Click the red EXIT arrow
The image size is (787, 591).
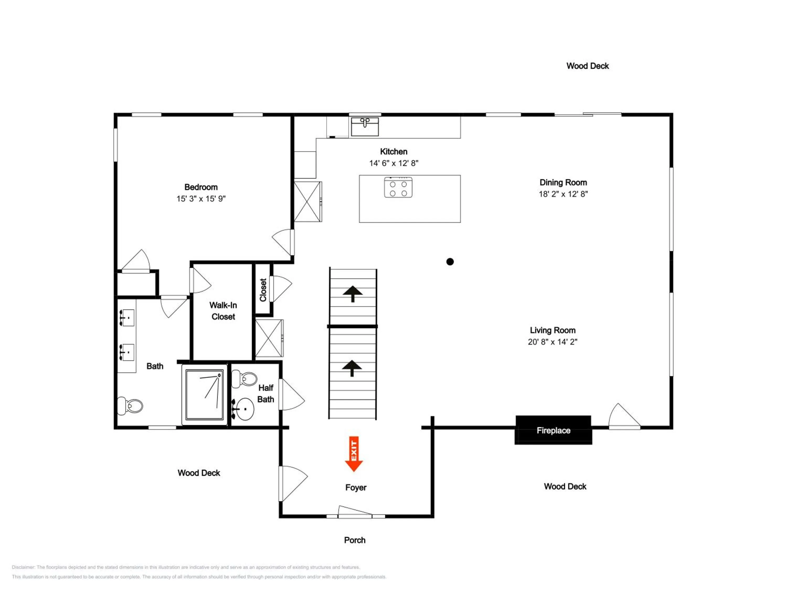click(x=354, y=454)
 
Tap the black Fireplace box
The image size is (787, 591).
click(x=553, y=430)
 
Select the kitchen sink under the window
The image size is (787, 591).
click(x=365, y=126)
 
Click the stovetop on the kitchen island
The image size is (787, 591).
click(x=398, y=187)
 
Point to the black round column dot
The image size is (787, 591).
click(x=450, y=262)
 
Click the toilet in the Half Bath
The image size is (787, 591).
click(x=244, y=379)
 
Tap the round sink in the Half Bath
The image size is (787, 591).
click(x=244, y=409)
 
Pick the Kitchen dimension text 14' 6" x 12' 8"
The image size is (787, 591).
click(x=393, y=163)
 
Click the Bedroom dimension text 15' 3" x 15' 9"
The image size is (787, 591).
click(x=201, y=199)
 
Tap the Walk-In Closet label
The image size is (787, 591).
click(x=223, y=311)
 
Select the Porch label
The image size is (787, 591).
click(x=355, y=540)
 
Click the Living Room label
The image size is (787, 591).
click(x=552, y=330)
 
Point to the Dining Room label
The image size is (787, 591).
click(x=563, y=182)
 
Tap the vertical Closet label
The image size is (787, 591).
click(x=263, y=290)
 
